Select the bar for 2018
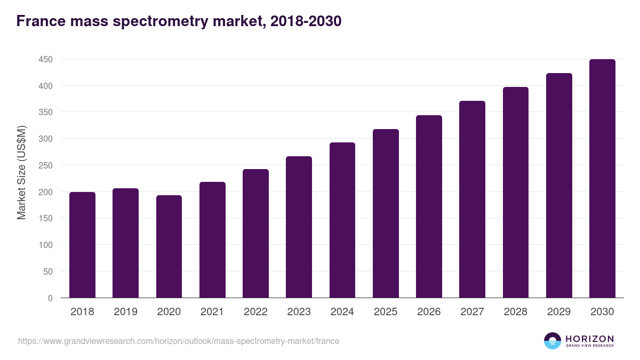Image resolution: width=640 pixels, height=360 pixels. coord(82,245)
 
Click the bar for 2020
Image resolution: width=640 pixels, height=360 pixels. coord(169,246)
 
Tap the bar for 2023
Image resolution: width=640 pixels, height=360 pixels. coord(299,227)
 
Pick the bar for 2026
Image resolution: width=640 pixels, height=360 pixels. coord(429,206)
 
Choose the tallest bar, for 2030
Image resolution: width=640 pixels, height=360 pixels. coord(602,179)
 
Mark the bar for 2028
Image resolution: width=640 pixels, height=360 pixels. coord(516,193)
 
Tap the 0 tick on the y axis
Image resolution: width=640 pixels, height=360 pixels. coord(50,298)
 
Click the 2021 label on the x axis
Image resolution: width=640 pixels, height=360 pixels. coord(212,312)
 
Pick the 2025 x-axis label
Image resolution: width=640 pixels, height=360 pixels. coord(386,312)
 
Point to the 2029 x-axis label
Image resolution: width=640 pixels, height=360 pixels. coord(559,312)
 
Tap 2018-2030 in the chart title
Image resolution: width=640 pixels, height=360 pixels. coord(306,21)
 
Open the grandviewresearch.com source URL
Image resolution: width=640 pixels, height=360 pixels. coord(179,341)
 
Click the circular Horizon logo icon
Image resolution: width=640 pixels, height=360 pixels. coord(553,341)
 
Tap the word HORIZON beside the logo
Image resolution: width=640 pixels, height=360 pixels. coord(589,338)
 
